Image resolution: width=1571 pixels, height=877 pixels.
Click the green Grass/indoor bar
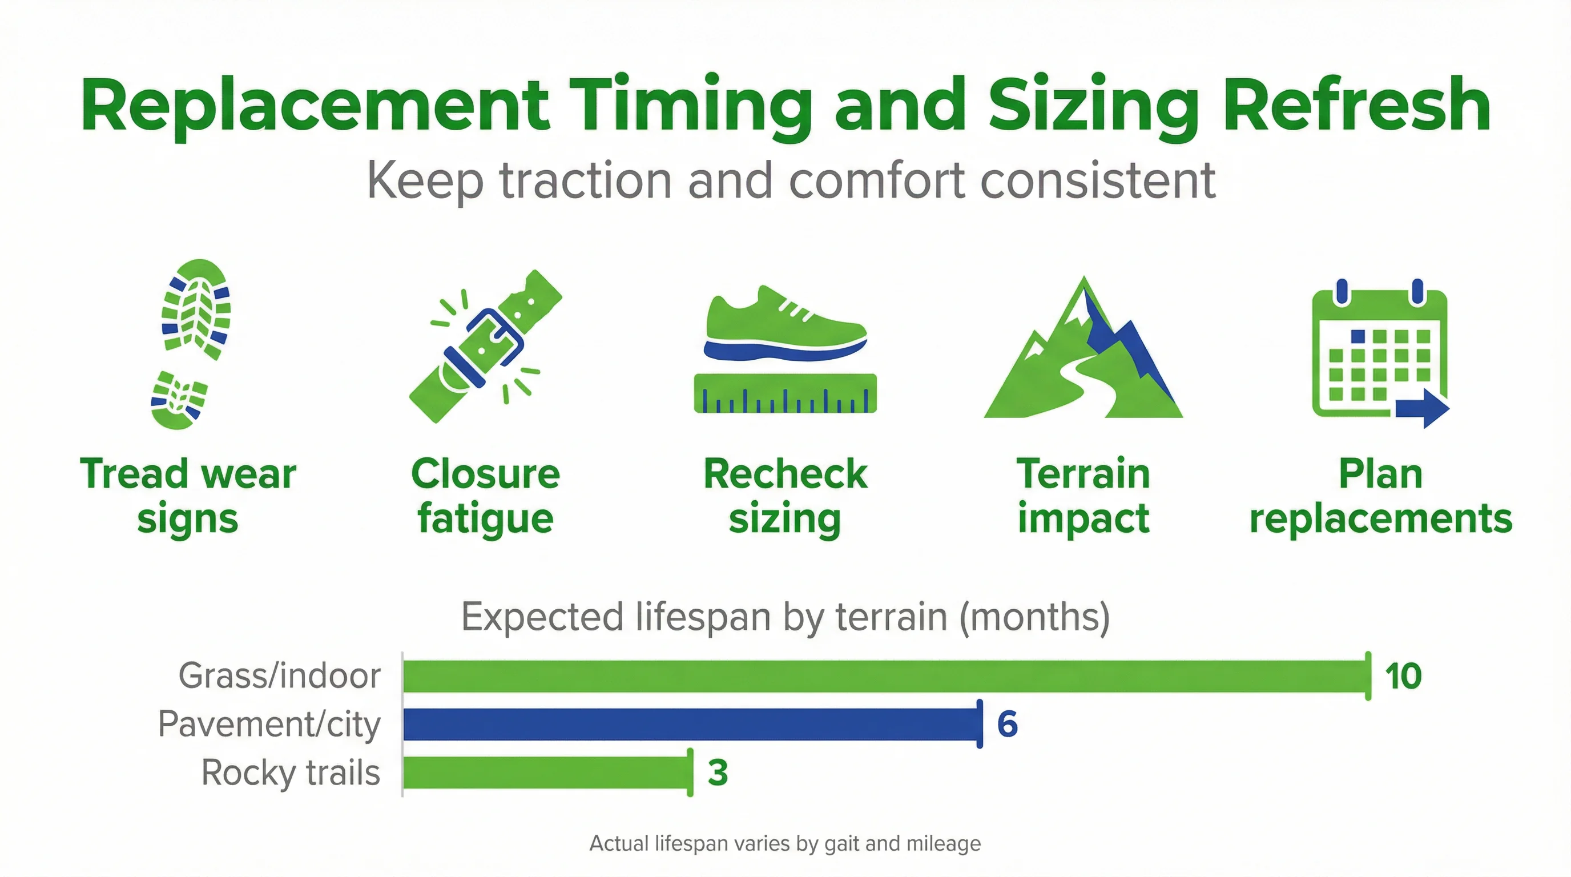click(884, 676)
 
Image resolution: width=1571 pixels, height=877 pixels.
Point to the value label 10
click(1403, 676)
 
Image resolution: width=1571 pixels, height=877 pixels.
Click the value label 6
click(1007, 724)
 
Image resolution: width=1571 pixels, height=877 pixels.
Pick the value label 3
click(718, 773)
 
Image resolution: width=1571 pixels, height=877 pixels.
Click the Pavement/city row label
click(269, 725)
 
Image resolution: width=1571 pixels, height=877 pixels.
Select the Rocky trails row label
click(291, 773)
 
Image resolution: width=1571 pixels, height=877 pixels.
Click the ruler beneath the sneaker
click(785, 394)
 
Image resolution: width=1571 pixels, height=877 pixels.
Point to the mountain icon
click(1083, 354)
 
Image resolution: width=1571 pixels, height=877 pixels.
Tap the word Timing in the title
click(690, 105)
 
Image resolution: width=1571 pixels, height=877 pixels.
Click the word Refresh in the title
click(1356, 105)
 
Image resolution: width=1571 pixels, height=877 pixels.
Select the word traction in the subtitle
click(586, 180)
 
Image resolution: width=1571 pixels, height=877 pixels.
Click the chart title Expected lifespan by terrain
click(785, 617)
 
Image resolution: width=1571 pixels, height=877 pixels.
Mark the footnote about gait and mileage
click(785, 843)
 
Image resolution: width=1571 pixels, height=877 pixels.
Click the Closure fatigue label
click(485, 496)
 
